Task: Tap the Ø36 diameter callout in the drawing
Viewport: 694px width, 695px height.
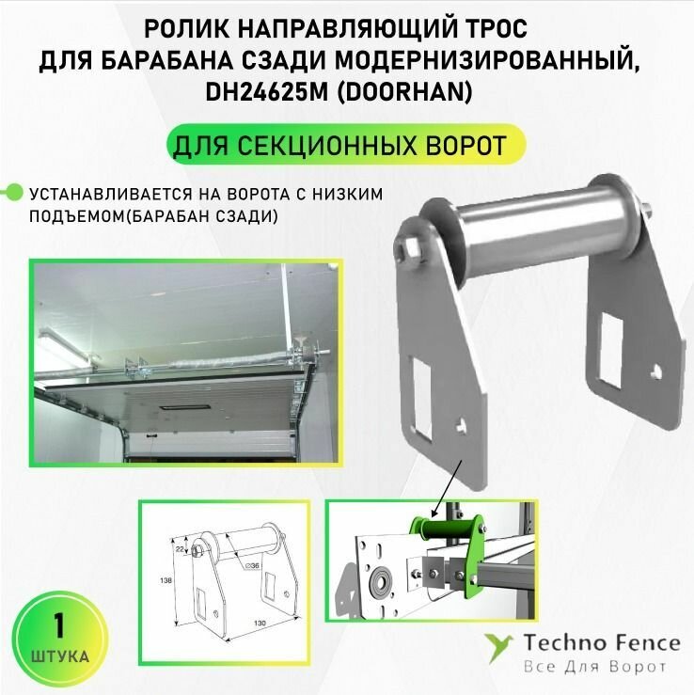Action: [x=248, y=564]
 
